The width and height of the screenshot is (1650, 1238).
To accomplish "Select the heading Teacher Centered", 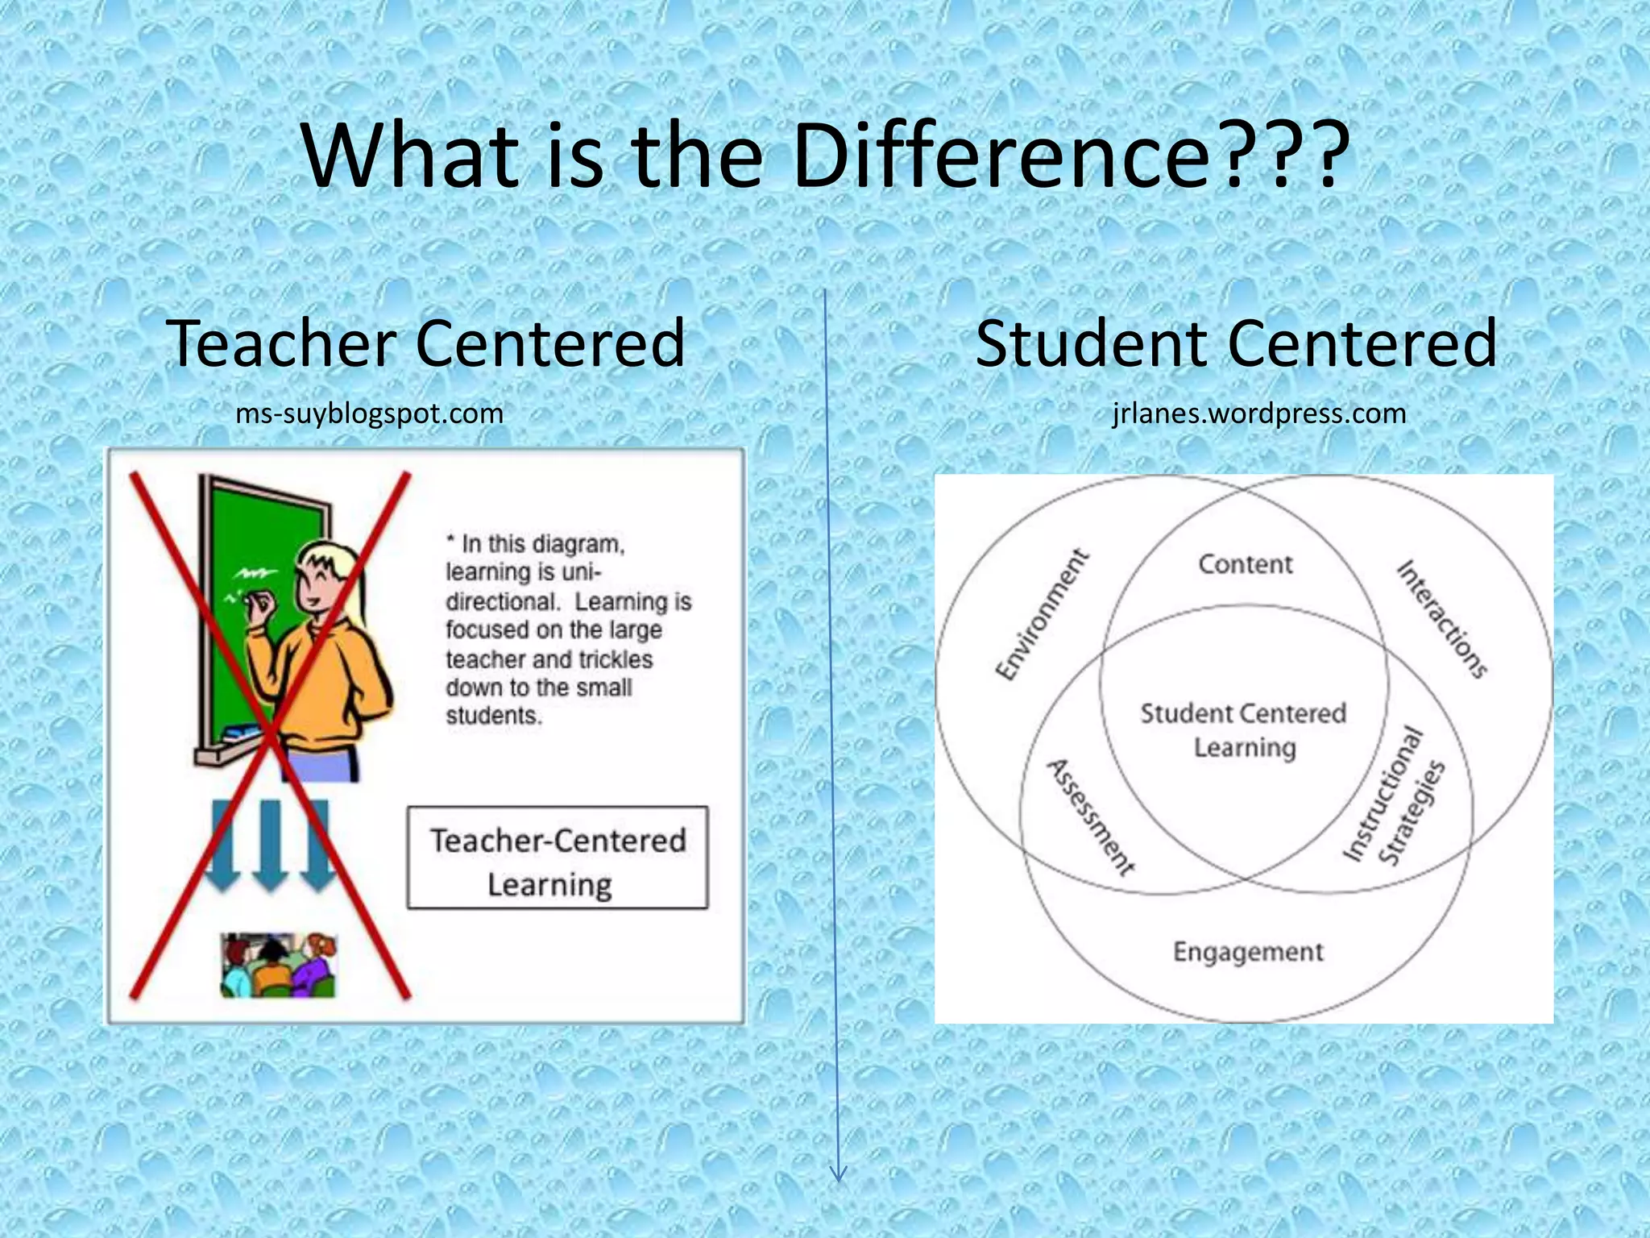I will (x=426, y=343).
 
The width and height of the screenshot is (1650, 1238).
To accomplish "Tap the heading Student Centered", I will (x=1236, y=343).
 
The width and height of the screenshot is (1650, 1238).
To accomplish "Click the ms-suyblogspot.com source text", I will (x=369, y=413).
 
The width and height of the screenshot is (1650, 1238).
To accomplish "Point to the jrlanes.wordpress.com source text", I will (x=1259, y=413).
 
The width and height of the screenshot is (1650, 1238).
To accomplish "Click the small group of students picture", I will (x=279, y=965).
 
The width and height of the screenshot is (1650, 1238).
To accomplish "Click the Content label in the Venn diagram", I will (x=1245, y=564).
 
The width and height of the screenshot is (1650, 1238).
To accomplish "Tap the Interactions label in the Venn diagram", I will (x=1442, y=618).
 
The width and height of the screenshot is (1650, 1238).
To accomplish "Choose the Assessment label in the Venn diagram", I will (x=1090, y=817).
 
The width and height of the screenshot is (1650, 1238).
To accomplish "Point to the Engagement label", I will (x=1248, y=952).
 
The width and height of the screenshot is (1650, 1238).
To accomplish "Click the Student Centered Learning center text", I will (x=1244, y=730).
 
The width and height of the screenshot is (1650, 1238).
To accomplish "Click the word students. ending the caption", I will (x=493, y=716).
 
